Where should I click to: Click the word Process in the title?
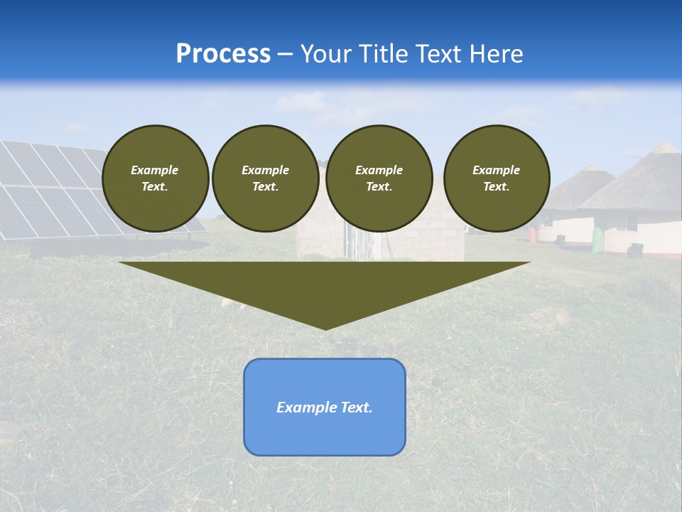click(223, 54)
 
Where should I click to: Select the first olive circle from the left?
click(156, 178)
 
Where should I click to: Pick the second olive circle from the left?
click(266, 178)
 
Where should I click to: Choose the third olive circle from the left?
click(379, 178)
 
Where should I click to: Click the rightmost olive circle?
click(497, 178)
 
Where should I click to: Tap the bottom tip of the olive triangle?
click(325, 328)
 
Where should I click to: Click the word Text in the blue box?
click(356, 407)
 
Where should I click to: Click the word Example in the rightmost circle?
click(497, 170)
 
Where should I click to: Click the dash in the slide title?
click(285, 54)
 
